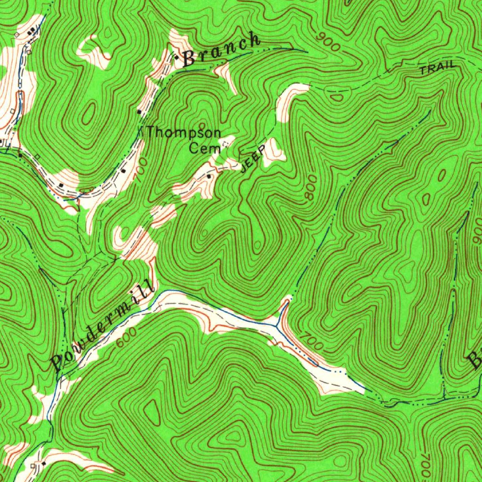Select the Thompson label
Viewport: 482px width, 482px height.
tap(184, 133)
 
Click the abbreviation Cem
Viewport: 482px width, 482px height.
tap(205, 149)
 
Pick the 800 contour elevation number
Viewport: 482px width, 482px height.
tap(311, 191)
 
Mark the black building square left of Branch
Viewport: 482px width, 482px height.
tap(176, 57)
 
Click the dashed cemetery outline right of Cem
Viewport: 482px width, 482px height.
tap(228, 142)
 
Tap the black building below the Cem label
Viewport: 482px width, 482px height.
tap(209, 176)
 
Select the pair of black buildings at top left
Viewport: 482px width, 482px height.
tap(32, 32)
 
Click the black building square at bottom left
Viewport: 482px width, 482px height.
tap(43, 464)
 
